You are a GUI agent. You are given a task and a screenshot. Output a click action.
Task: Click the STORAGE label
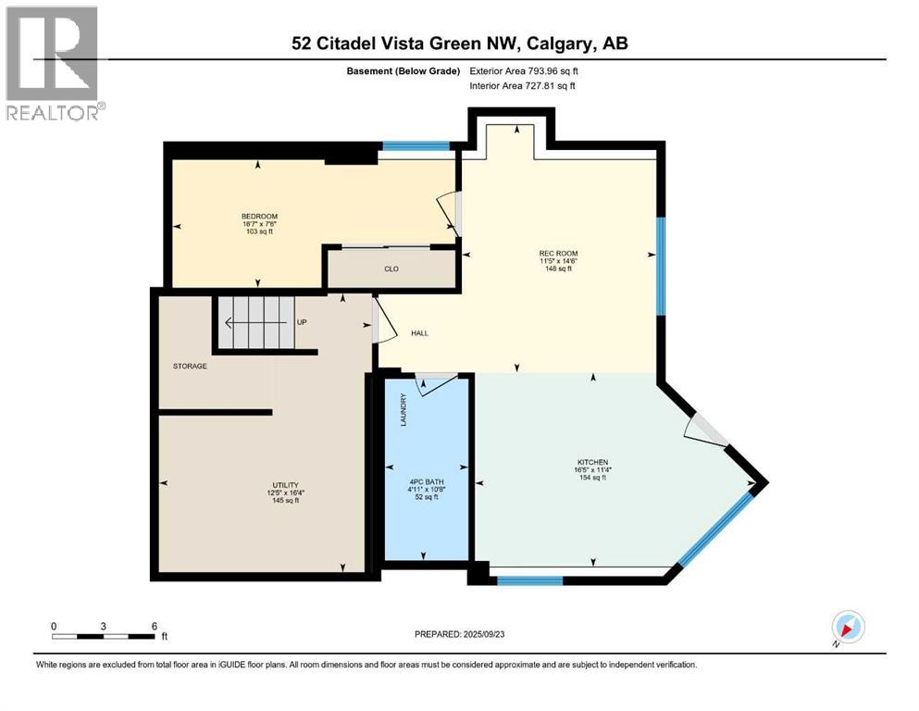tap(190, 366)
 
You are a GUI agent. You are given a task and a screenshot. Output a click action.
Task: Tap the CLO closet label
tap(391, 269)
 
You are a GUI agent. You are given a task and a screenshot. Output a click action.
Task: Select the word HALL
tap(419, 333)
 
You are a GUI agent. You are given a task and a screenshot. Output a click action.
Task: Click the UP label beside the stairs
tap(302, 322)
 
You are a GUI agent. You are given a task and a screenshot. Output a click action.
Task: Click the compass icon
tap(847, 627)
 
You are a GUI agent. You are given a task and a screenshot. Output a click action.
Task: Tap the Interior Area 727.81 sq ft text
tap(523, 86)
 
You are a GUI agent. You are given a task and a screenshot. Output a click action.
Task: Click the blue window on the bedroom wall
tap(416, 145)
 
